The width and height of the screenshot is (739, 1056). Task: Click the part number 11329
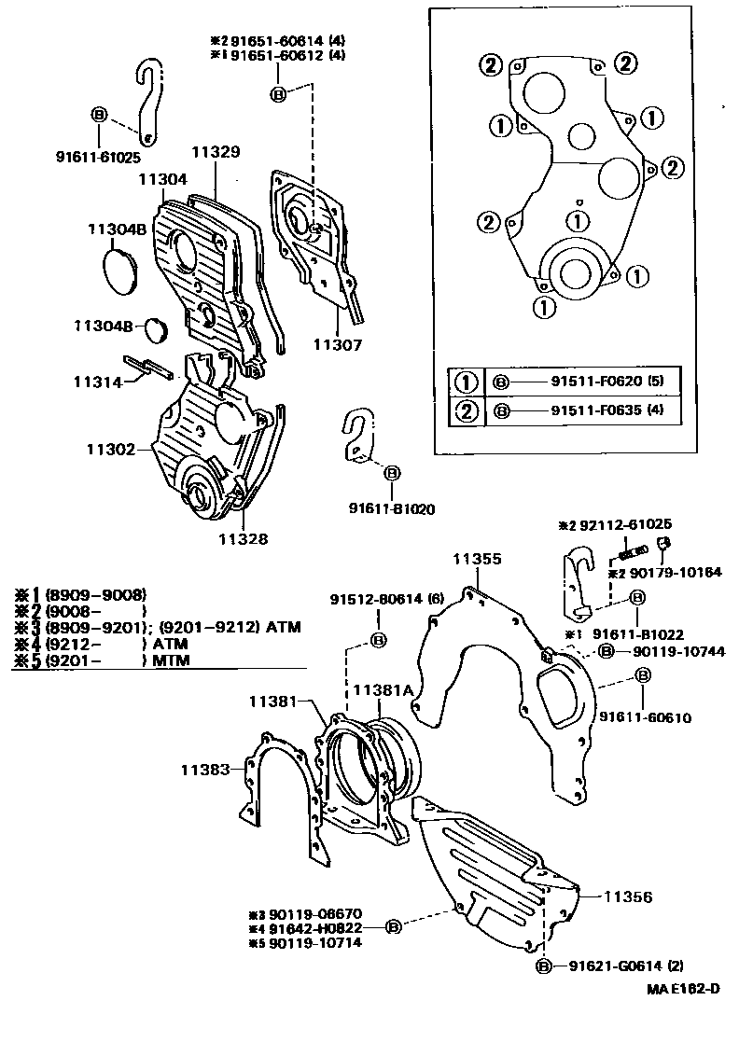[216, 151]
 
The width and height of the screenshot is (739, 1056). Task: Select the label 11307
[337, 344]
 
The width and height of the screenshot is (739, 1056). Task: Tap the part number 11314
[98, 382]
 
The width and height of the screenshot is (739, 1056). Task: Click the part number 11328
[244, 537]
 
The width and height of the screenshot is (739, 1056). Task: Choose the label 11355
[477, 559]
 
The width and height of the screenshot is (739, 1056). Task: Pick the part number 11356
[627, 896]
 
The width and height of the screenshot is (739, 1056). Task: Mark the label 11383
[204, 769]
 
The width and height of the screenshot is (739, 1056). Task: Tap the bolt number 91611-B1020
[392, 509]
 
